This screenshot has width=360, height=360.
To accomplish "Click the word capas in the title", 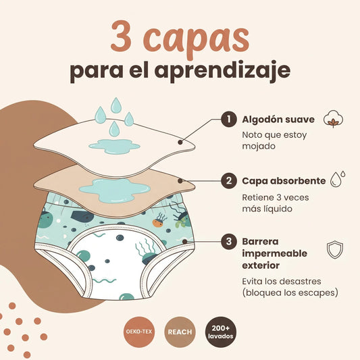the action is point(197,39).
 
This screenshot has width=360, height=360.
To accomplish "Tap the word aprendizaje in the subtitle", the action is point(224,70).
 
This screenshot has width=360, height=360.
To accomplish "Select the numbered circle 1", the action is point(229,119).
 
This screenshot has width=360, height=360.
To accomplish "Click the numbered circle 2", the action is point(229,181).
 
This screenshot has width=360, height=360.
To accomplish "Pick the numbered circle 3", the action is point(229,242).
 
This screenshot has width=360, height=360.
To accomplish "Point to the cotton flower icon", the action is point(334,119).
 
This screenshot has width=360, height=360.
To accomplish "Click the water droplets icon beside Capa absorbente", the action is point(338,178).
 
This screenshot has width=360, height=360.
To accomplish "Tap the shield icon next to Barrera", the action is point(335,249).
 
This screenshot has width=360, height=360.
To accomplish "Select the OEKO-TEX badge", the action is point(139,332).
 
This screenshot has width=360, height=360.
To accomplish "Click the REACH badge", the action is point(180,332).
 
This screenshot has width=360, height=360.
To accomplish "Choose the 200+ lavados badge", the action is point(220,332).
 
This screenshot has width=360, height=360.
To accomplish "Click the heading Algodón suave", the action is point(278,120).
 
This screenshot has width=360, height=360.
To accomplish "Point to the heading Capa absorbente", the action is point(284,181).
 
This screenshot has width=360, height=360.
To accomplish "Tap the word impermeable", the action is point(275,254).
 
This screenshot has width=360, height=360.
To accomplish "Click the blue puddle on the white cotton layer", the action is point(114,147).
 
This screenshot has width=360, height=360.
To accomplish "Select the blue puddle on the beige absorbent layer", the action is point(115,190).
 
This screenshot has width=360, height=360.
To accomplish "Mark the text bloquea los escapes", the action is point(290,292).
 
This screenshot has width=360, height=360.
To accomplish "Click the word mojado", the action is point(259,147).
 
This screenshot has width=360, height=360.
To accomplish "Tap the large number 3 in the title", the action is point(121,36).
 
